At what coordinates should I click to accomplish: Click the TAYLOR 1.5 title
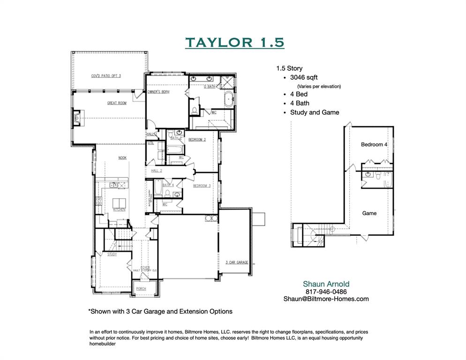pos(234,42)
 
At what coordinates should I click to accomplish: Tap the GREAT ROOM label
pos(117,103)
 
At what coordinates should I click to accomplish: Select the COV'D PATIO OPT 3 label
pos(106,75)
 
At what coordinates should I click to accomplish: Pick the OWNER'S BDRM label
pos(158,92)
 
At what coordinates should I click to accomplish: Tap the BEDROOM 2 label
pos(197,140)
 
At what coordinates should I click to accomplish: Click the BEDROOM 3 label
pos(202,186)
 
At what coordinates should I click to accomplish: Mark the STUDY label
pos(112,255)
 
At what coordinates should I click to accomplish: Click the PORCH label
pos(141,289)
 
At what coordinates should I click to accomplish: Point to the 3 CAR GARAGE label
pos(236,262)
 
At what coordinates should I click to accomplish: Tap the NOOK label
pos(122,158)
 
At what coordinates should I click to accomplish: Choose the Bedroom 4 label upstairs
pos(374,145)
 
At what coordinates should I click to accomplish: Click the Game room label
pos(369,213)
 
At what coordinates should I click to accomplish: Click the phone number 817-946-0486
pos(325,292)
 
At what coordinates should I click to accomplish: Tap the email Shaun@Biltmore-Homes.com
pos(326,299)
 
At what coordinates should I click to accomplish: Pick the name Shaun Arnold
pos(326,284)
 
